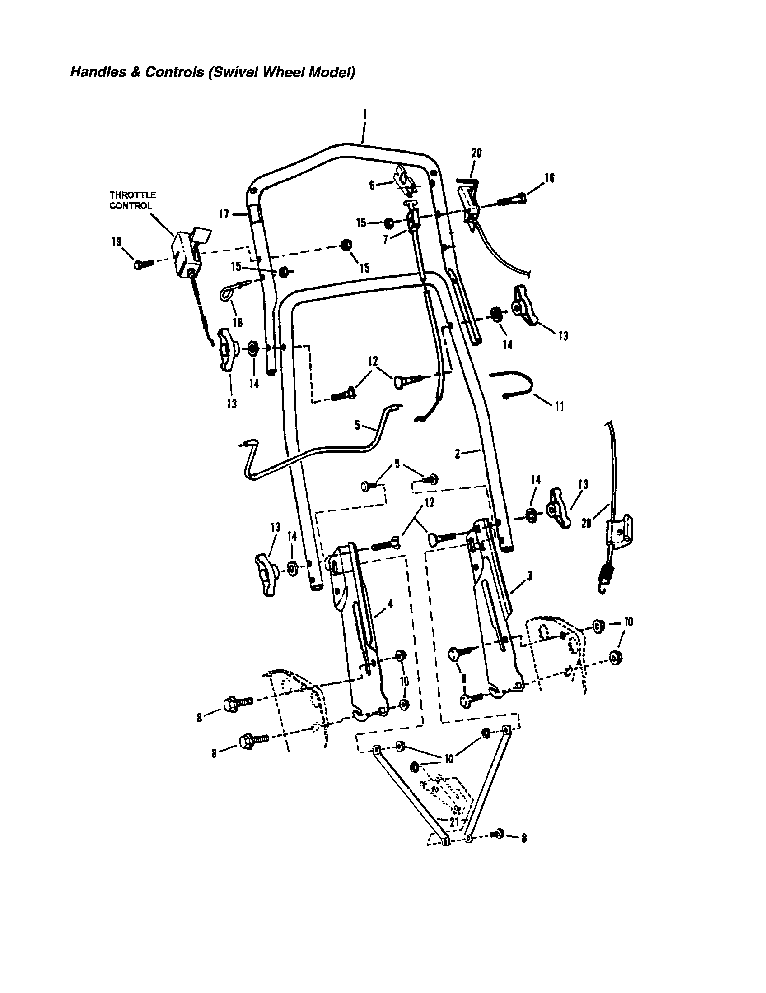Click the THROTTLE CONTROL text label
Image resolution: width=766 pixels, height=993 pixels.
coord(132,200)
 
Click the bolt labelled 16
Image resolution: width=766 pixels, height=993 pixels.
coord(511,199)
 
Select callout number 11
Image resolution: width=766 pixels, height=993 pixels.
coord(560,406)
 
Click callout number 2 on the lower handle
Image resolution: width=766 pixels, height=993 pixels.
coord(458,453)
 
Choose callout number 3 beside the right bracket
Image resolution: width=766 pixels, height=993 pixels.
coord(529,576)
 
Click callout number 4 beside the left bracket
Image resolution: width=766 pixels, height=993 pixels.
coord(390,603)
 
